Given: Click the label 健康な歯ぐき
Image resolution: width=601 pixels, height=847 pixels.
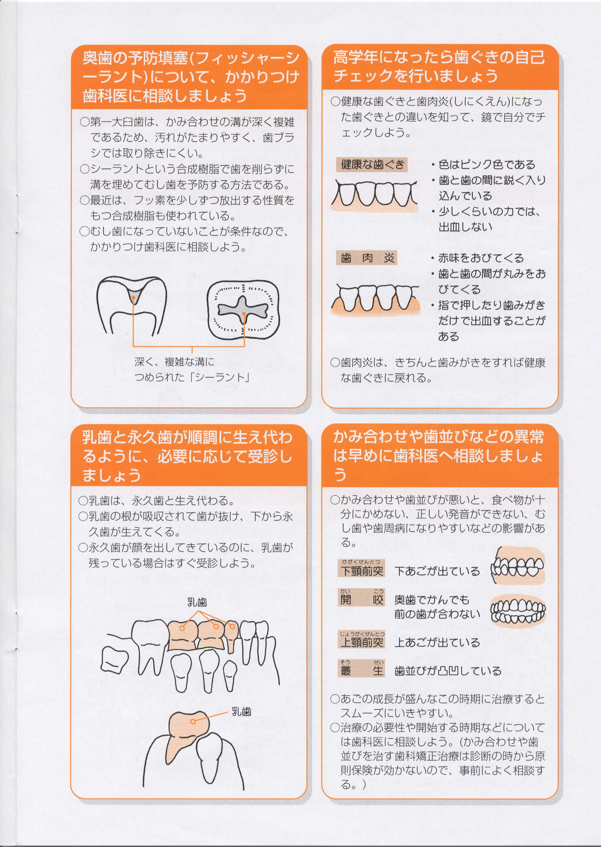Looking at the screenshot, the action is pyautogui.click(x=372, y=164).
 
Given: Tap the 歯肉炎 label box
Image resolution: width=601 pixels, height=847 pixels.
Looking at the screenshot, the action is pyautogui.click(x=367, y=258).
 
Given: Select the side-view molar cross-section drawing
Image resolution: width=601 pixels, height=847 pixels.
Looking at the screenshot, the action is pyautogui.click(x=132, y=305).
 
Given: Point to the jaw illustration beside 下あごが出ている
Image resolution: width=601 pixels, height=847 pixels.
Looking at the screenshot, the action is pyautogui.click(x=518, y=566).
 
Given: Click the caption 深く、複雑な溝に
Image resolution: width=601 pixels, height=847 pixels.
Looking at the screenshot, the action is pyautogui.click(x=174, y=362).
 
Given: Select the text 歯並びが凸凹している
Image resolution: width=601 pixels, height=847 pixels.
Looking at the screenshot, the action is pyautogui.click(x=448, y=671).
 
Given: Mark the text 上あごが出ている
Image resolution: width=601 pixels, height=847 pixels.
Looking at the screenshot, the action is pyautogui.click(x=437, y=642).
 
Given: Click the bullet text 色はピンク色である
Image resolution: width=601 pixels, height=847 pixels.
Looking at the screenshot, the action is pyautogui.click(x=483, y=164).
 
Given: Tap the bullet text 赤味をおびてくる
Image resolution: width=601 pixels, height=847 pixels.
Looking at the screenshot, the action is pyautogui.click(x=478, y=258).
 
